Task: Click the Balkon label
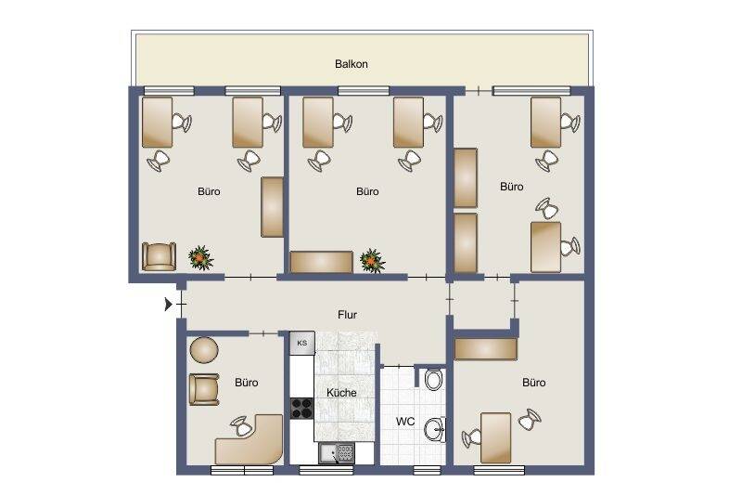(352, 64)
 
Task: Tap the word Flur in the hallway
(348, 315)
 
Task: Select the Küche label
(341, 393)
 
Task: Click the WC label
(405, 421)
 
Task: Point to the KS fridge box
(301, 343)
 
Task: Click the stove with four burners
(301, 408)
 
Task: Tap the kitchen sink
(337, 453)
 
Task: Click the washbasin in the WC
(435, 429)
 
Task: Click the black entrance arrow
(168, 304)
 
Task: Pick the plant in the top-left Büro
(199, 256)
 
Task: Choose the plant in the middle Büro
(372, 260)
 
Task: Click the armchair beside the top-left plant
(159, 255)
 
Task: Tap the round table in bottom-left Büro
(203, 350)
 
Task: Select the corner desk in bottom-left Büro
(250, 442)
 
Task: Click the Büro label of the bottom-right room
(533, 383)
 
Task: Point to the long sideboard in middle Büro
(321, 262)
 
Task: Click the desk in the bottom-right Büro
(495, 436)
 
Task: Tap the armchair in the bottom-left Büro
(203, 388)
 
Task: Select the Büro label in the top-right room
(512, 187)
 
